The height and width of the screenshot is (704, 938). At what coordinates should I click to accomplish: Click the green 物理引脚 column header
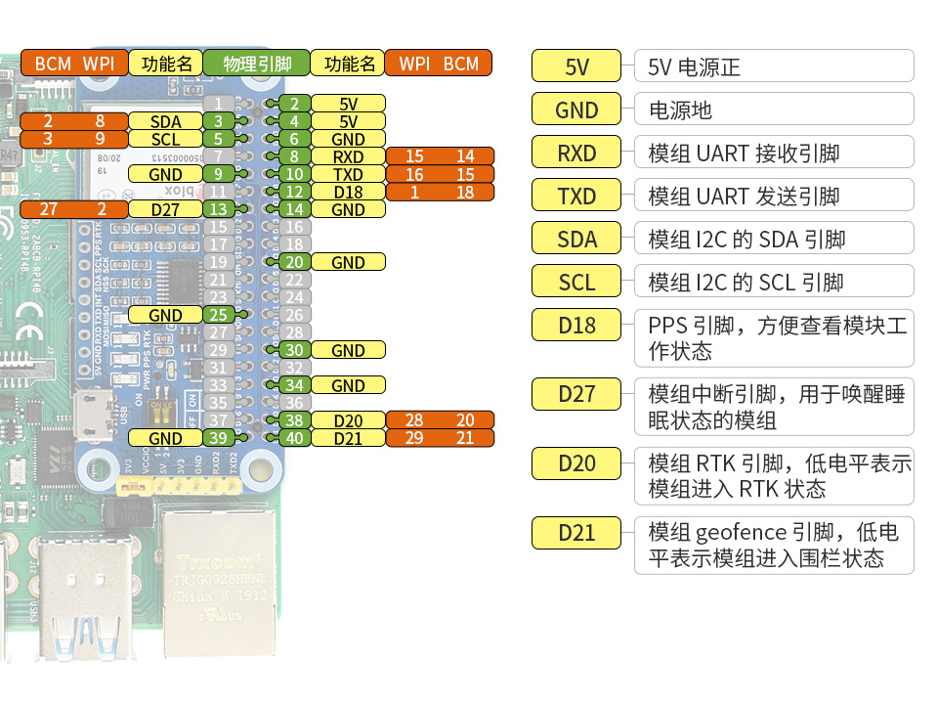coord(257,64)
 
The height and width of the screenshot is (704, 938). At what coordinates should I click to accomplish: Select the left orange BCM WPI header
coord(74,64)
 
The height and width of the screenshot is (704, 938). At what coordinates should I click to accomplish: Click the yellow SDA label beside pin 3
coord(166,121)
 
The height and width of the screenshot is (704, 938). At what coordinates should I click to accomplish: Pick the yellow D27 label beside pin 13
coord(166,209)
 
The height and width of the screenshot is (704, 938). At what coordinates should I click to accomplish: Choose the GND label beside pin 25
coord(166,315)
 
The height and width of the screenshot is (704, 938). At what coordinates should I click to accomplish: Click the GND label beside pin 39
coord(166,438)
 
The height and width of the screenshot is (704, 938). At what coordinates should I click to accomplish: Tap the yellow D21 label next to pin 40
coord(348,438)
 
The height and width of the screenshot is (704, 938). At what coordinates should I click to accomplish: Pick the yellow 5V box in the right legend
coord(576,66)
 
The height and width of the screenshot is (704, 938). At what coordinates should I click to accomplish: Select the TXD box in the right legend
coord(576,196)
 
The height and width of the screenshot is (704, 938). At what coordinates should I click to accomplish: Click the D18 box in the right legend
coord(576,325)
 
